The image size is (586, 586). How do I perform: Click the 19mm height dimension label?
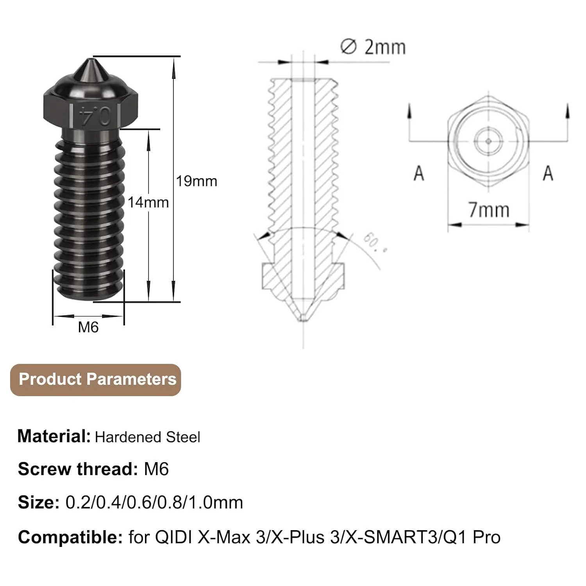pyautogui.click(x=196, y=181)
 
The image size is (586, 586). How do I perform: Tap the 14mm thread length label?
pyautogui.click(x=148, y=202)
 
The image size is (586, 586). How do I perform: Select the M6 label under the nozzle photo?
pyautogui.click(x=88, y=327)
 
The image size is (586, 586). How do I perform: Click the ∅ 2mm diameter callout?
pyautogui.click(x=373, y=47)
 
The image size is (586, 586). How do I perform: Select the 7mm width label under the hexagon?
pyautogui.click(x=489, y=210)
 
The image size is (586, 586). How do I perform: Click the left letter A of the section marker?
pyautogui.click(x=419, y=173)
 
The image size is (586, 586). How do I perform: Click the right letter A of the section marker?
pyautogui.click(x=548, y=173)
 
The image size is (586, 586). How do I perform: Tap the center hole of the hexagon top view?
pyautogui.click(x=488, y=141)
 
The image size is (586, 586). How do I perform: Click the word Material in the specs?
pyautogui.click(x=54, y=436)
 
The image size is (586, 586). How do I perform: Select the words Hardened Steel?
pyautogui.click(x=147, y=437)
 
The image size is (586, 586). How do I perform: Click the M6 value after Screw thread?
pyautogui.click(x=156, y=469)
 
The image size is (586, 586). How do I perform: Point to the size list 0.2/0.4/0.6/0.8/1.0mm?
pyautogui.click(x=154, y=502)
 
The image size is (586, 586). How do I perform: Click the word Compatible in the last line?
pyautogui.click(x=70, y=538)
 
